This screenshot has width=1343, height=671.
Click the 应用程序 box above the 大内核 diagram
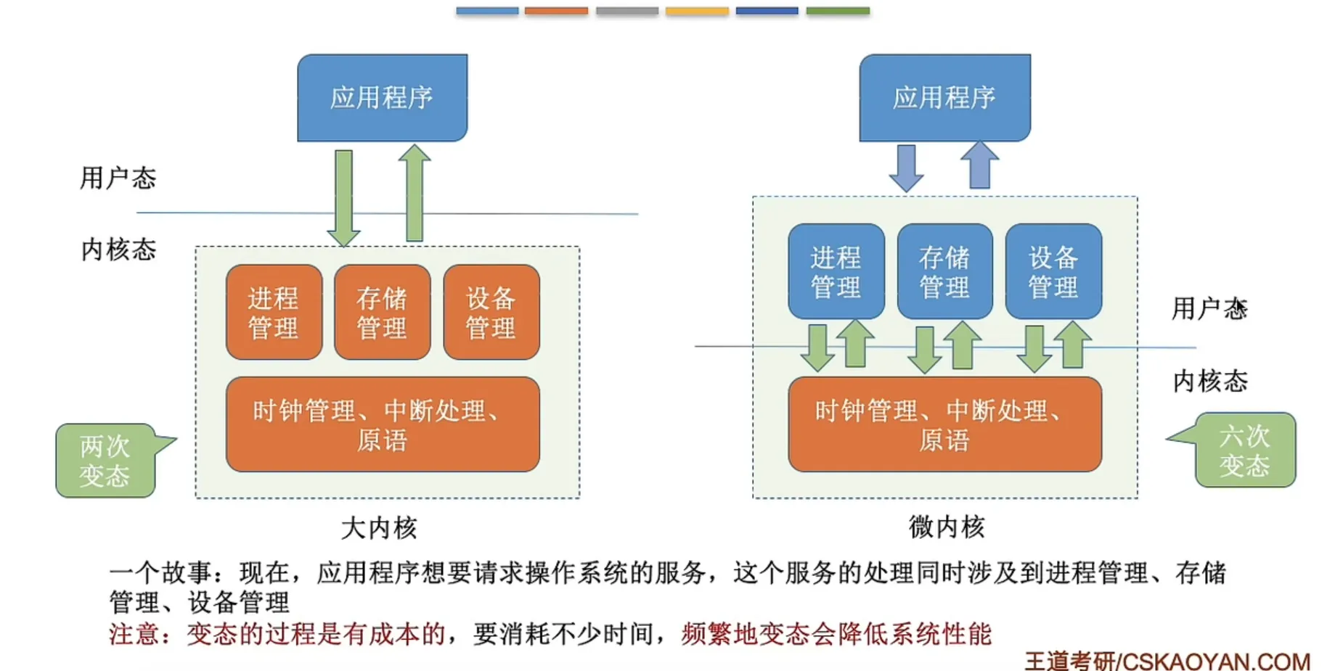[x=383, y=97]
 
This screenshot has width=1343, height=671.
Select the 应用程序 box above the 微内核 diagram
[x=945, y=97]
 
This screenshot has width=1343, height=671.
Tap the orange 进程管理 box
[x=274, y=312]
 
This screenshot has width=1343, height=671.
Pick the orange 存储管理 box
[x=383, y=312]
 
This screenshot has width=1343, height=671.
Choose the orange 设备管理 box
[x=491, y=312]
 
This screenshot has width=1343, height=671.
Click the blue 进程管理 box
[x=836, y=271]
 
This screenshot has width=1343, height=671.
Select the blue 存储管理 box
[x=944, y=271]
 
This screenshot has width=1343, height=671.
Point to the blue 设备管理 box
[x=1053, y=271]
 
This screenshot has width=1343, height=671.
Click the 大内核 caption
[x=379, y=527]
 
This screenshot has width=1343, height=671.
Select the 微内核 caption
[x=947, y=526]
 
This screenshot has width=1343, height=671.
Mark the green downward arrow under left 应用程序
[x=343, y=198]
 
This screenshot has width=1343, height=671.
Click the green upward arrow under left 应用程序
[x=415, y=192]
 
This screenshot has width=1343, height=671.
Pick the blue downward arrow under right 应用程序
[x=907, y=168]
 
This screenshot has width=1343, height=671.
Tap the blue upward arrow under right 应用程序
[x=979, y=165]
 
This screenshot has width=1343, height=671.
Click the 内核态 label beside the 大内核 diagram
[x=118, y=249]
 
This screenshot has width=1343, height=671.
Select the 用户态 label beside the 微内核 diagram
[x=1209, y=308]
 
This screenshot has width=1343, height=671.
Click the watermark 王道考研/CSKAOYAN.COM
[x=1167, y=661]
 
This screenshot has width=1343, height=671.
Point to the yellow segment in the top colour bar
[x=697, y=11]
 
